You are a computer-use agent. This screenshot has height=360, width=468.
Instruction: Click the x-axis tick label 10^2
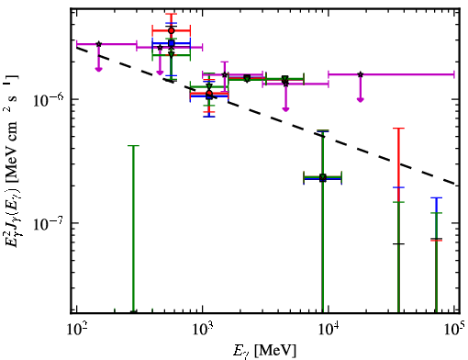pos(76,331)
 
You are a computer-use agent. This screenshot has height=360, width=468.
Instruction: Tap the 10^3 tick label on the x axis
pos(203,331)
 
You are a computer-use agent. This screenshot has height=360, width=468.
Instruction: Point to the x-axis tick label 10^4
pos(329,331)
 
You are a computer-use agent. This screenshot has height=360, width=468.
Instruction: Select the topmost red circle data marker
pos(172,30)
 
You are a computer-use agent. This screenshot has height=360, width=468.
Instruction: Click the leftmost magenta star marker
pos(98,44)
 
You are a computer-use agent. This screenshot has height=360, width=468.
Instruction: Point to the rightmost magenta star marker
pos(361,74)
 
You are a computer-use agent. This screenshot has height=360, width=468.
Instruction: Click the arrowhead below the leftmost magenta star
pos(98,69)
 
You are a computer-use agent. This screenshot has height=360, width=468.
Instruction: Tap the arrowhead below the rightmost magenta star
pos(361,99)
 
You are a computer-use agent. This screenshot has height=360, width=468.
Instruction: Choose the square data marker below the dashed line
pos(323,178)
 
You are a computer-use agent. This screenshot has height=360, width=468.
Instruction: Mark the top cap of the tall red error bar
pos(398,129)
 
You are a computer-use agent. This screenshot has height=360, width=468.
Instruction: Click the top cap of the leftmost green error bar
pos(133,146)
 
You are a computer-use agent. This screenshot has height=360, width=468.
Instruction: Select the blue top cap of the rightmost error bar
pos(436,197)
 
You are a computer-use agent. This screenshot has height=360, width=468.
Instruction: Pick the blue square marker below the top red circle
pos(172,43)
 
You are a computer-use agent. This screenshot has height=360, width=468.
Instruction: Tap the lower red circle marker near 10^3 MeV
pos(209,93)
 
